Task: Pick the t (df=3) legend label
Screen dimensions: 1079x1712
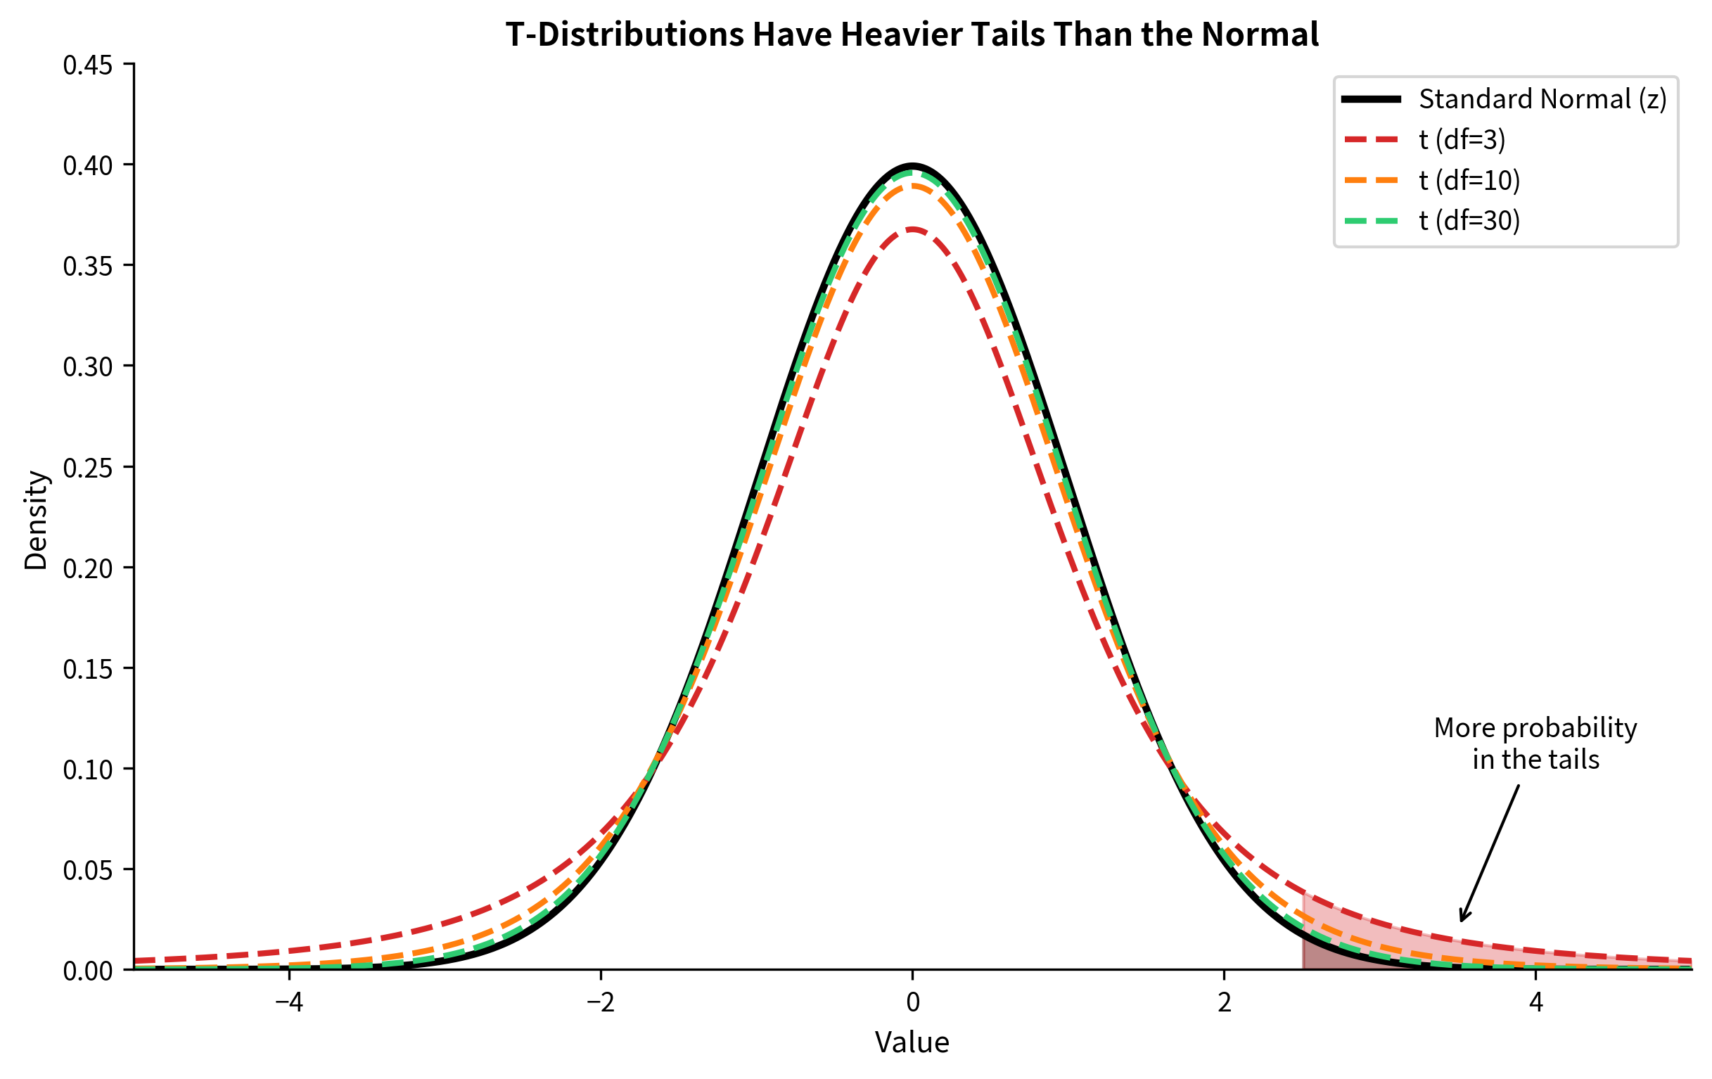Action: [1462, 139]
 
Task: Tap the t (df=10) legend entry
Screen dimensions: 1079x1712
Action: [1469, 180]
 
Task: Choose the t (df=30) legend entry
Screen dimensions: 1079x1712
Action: [1469, 220]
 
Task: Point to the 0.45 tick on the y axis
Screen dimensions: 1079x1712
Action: [87, 65]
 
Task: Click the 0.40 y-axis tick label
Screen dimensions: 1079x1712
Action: [87, 165]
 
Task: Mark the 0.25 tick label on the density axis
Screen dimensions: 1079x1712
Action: [87, 468]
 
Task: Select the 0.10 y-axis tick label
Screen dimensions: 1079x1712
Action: [87, 769]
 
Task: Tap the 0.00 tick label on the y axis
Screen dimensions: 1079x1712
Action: [87, 970]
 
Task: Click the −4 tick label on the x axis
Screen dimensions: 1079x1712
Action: [288, 1002]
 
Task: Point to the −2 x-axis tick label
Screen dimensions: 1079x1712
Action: [600, 1002]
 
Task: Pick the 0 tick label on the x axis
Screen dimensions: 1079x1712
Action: [912, 1002]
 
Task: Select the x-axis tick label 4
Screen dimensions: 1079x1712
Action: [1535, 1002]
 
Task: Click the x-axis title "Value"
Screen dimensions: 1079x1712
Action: [912, 1042]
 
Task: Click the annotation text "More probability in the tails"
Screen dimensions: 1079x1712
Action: [1535, 743]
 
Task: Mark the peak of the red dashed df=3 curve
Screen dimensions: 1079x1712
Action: [912, 229]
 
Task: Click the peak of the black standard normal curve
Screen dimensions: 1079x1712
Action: [912, 165]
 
